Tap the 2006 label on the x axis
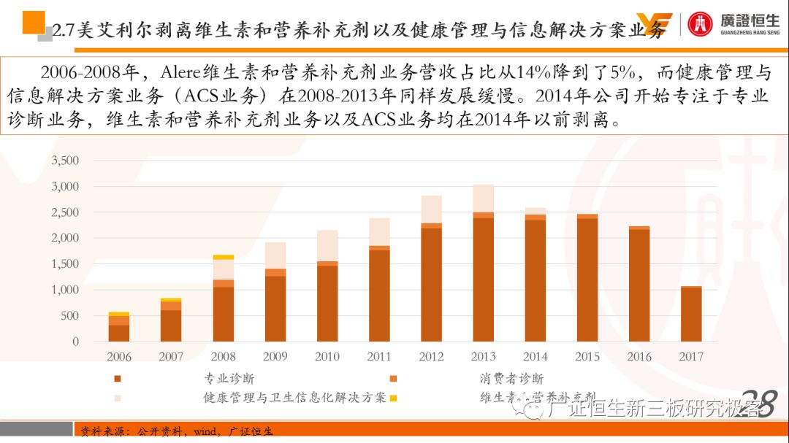(x=119, y=357)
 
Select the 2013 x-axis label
(x=483, y=357)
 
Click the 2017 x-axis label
(x=691, y=357)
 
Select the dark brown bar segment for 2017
(x=691, y=315)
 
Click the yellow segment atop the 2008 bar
(x=224, y=257)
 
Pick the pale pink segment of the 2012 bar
(x=431, y=209)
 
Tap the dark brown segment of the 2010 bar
(x=327, y=304)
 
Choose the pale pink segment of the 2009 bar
(x=275, y=255)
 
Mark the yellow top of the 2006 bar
(x=119, y=314)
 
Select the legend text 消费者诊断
(x=511, y=379)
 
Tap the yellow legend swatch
(x=393, y=398)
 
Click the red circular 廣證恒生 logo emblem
(x=700, y=24)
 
